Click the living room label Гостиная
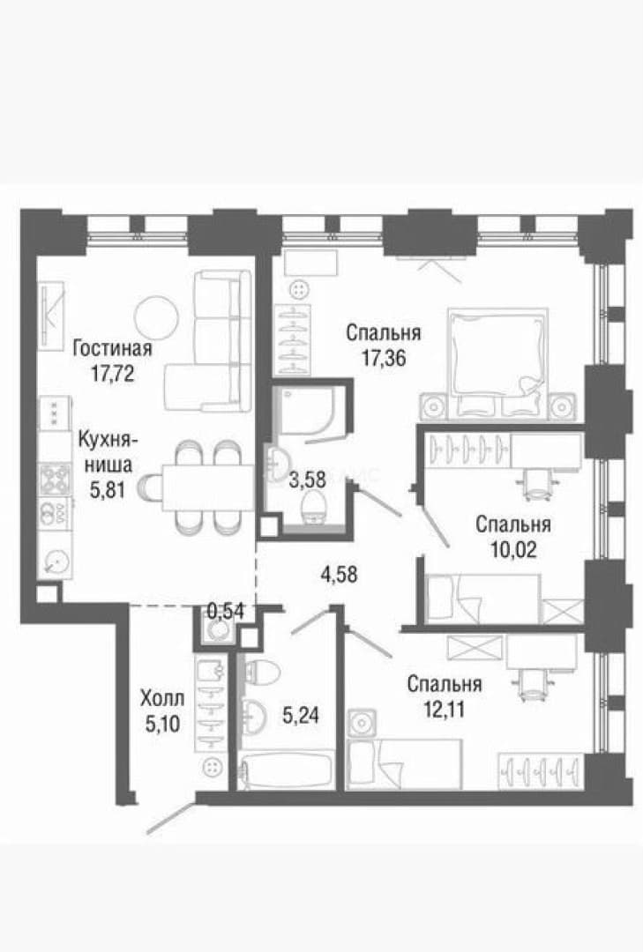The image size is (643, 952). pyautogui.click(x=112, y=348)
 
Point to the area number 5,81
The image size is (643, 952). pyautogui.click(x=108, y=489)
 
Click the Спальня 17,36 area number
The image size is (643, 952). pyautogui.click(x=384, y=358)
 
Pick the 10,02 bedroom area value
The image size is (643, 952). pyautogui.click(x=513, y=549)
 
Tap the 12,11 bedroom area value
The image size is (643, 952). pyautogui.click(x=445, y=709)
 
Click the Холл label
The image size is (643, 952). pyautogui.click(x=161, y=698)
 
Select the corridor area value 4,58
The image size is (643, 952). pyautogui.click(x=339, y=574)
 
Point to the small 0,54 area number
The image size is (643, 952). pyautogui.click(x=226, y=610)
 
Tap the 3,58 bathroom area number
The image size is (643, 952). pyautogui.click(x=308, y=480)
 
